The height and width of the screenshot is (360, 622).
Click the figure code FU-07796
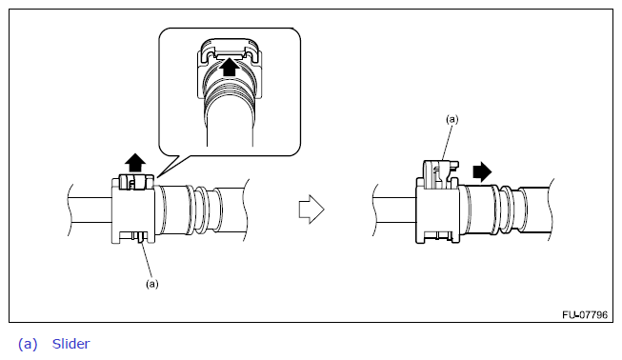pos(585,315)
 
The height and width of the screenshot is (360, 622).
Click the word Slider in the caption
pos(71,344)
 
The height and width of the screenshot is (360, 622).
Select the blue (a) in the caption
pos(28,344)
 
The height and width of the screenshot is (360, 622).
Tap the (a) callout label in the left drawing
pos(152,284)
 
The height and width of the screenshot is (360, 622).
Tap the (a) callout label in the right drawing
pos(452,119)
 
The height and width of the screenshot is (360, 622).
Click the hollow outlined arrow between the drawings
pos(311,209)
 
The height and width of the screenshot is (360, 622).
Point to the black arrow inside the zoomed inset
pos(230,67)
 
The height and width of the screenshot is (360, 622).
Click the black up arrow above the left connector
pos(135,163)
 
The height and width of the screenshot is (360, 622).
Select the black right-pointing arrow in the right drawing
pos(482,171)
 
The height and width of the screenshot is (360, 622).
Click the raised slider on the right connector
pos(439,174)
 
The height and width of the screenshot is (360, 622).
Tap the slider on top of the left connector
pos(135,182)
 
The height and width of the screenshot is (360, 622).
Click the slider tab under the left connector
pos(140,237)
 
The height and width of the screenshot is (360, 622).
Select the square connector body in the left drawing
pos(133,210)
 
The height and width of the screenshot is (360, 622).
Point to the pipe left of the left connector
pos(90,210)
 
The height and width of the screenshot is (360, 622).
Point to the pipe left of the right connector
pos(394,210)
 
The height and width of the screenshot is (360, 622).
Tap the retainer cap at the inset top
pos(230,50)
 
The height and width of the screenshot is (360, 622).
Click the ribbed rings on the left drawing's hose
pos(203,210)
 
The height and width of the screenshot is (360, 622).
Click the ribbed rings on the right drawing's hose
pos(509,210)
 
